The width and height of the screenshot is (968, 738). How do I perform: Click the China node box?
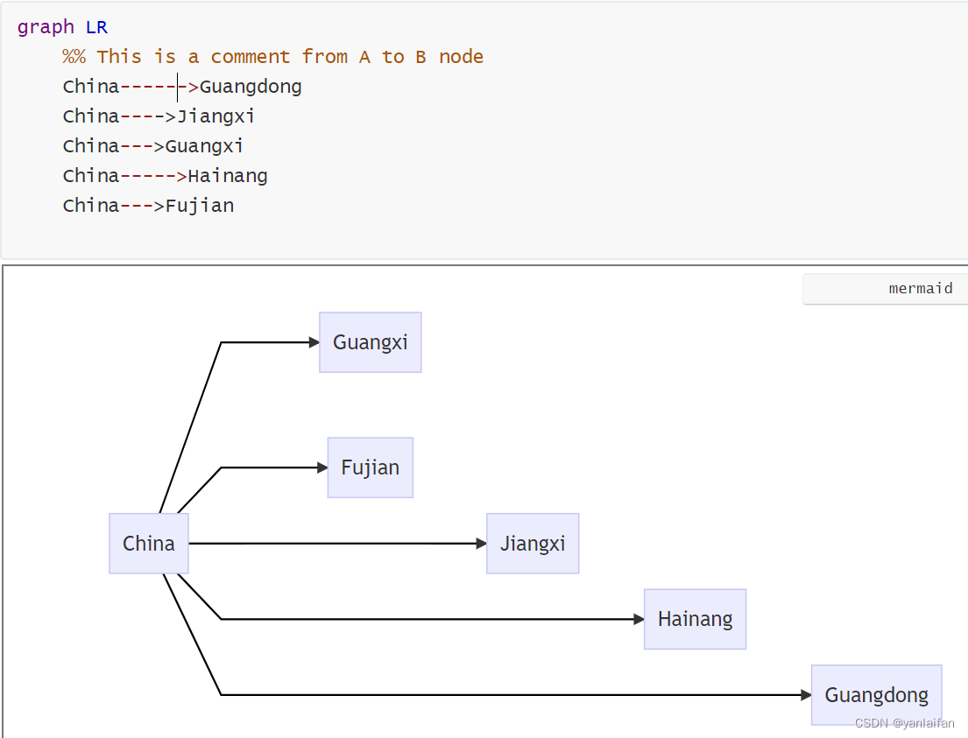coord(149,544)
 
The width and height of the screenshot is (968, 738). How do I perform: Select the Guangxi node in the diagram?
coord(370,342)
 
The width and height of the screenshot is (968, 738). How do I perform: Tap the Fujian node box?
coord(370,467)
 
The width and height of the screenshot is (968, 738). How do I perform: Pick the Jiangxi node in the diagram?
coord(533,544)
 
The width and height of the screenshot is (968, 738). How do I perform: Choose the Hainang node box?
coord(695,619)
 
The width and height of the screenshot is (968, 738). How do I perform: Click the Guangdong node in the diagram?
coord(876,695)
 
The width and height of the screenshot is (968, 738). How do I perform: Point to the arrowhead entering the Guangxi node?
coord(314,342)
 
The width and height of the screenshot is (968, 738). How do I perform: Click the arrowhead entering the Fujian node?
coord(322,467)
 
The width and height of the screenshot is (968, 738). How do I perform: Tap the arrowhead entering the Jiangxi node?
coord(482,544)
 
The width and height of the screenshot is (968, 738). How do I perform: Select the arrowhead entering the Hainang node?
coord(639,619)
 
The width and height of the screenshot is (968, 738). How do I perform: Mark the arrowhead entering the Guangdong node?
coord(807,695)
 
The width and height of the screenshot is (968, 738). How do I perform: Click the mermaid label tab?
coord(920,289)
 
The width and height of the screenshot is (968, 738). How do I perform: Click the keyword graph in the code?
coord(46,27)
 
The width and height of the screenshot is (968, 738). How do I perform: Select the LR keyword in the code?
coord(96,27)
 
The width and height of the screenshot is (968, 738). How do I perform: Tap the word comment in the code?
coord(250,57)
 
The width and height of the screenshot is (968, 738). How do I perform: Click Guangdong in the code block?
coord(251,87)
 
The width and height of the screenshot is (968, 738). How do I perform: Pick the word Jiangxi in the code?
coord(216,116)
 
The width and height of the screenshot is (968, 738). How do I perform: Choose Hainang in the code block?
coord(227,176)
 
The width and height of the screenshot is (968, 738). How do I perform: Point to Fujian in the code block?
coord(200,206)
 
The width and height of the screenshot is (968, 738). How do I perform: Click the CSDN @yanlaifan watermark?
coord(904,723)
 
